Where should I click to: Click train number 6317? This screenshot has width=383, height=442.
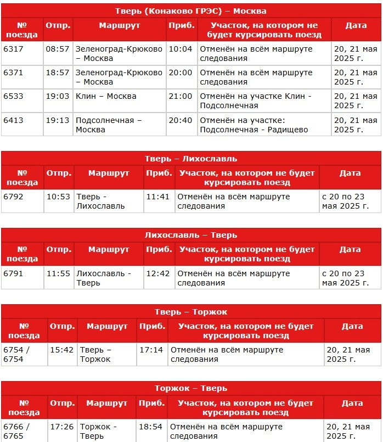[x=13, y=49]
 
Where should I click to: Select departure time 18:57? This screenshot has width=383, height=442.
[x=58, y=72]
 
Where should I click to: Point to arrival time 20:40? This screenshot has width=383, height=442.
[x=180, y=120]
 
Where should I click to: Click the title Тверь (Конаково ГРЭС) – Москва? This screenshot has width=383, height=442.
[x=191, y=11]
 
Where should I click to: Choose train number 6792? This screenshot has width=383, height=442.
[x=13, y=197]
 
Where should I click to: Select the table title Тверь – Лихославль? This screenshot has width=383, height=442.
[x=191, y=159]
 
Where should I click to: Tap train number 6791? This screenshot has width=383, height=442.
[x=13, y=273]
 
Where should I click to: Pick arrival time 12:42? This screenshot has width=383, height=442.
[x=158, y=273]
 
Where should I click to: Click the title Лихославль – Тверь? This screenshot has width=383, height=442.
[x=191, y=235]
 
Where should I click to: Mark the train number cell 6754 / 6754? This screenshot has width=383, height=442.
[x=16, y=354]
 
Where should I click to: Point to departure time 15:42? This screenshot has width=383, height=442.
[x=61, y=349]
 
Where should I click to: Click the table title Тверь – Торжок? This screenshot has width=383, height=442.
[x=191, y=312]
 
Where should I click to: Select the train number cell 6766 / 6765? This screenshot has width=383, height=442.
[x=16, y=431]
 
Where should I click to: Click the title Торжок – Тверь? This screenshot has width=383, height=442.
[x=191, y=388]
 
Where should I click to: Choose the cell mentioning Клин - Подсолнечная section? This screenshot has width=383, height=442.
[x=256, y=100]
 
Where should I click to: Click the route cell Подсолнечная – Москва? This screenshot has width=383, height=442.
[x=109, y=125]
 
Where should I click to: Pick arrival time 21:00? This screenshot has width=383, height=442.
[x=180, y=96]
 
